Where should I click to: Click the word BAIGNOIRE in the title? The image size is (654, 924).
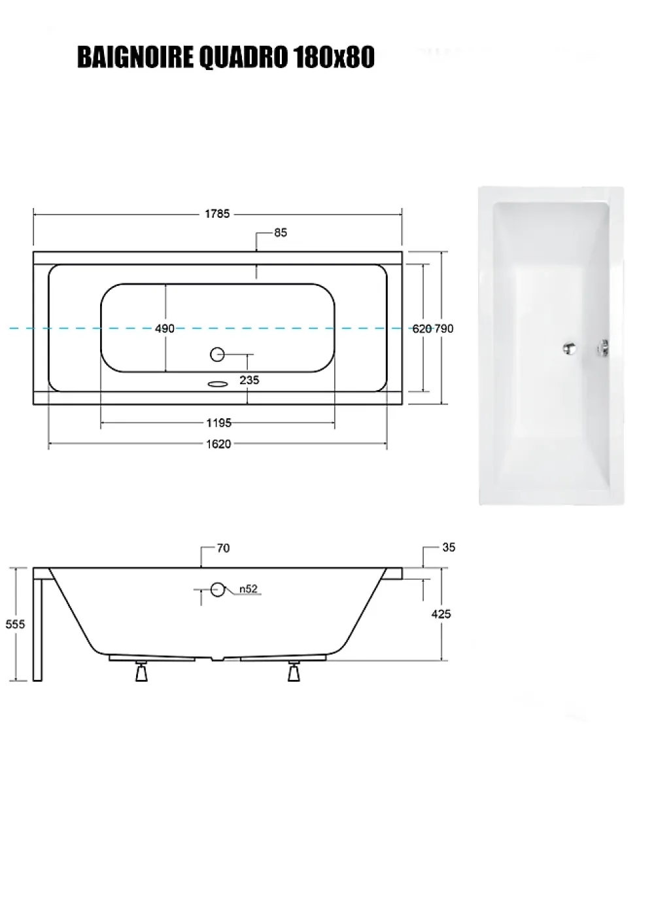tap(135, 57)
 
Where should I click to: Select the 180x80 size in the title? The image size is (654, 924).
tap(334, 57)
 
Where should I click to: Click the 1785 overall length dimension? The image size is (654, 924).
tap(217, 214)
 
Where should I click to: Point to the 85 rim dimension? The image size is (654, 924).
tap(281, 233)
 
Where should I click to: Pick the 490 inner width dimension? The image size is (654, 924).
tap(165, 329)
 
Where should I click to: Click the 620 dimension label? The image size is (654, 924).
tap(422, 329)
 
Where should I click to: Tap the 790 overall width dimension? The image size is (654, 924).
tap(443, 329)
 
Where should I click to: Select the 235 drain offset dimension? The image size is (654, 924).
tap(249, 380)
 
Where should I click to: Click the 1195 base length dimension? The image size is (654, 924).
tap(219, 423)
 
